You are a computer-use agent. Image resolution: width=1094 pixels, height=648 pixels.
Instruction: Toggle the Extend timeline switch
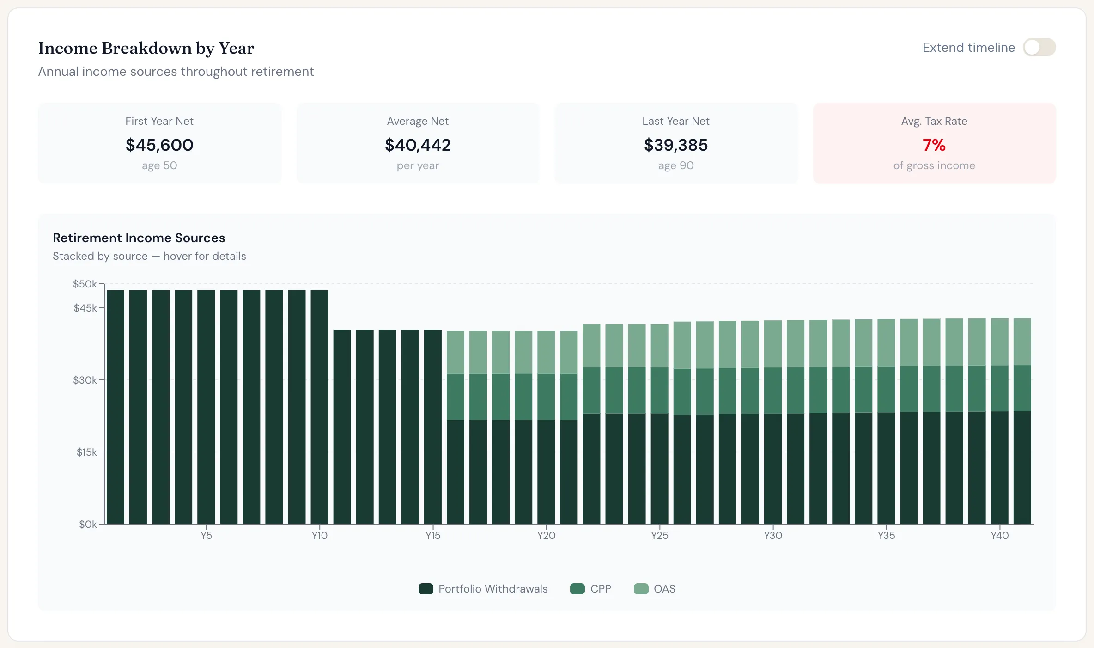pos(1039,47)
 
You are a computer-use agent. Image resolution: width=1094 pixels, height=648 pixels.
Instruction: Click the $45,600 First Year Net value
pos(159,145)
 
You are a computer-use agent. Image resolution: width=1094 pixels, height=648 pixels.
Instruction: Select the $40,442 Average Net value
pos(418,145)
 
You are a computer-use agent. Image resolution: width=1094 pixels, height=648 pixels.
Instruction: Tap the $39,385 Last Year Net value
pos(676,145)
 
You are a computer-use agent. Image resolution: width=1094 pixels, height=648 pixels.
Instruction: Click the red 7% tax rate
pos(934,145)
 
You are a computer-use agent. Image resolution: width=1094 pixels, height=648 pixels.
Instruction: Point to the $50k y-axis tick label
pos(85,284)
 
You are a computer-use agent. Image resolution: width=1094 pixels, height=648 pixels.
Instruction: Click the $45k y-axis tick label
pos(85,308)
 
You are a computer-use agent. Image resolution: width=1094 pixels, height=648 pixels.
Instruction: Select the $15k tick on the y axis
pos(87,452)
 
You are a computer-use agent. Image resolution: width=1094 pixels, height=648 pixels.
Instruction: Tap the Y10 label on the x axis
pos(320,535)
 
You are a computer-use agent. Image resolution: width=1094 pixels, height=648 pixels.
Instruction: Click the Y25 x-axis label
pos(660,535)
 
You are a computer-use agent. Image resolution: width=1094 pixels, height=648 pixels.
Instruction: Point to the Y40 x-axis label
pos(1000,535)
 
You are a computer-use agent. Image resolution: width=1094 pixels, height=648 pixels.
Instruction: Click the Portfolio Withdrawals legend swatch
pos(426,589)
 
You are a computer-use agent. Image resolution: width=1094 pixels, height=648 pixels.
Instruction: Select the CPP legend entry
pos(590,589)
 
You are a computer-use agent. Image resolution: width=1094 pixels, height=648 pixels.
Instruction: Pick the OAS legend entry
pos(654,589)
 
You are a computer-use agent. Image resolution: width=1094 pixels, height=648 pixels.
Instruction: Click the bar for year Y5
pos(206,407)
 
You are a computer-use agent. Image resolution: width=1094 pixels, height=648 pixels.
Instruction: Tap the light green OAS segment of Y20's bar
pos(546,352)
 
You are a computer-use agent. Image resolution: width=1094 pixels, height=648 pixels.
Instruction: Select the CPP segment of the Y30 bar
pos(773,391)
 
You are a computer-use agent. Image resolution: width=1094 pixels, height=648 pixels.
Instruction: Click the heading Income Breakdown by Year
pos(146,48)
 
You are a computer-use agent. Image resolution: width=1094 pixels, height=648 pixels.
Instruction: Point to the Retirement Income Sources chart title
pos(139,238)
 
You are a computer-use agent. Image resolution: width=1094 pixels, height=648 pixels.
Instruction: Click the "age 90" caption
pos(676,165)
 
